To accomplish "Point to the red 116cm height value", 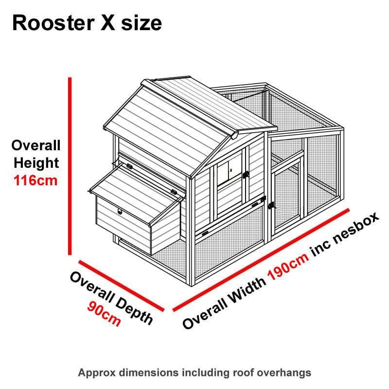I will point(35,181).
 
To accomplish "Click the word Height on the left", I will point(36,163).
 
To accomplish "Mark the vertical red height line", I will point(71,165).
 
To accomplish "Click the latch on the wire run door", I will point(272,206).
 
